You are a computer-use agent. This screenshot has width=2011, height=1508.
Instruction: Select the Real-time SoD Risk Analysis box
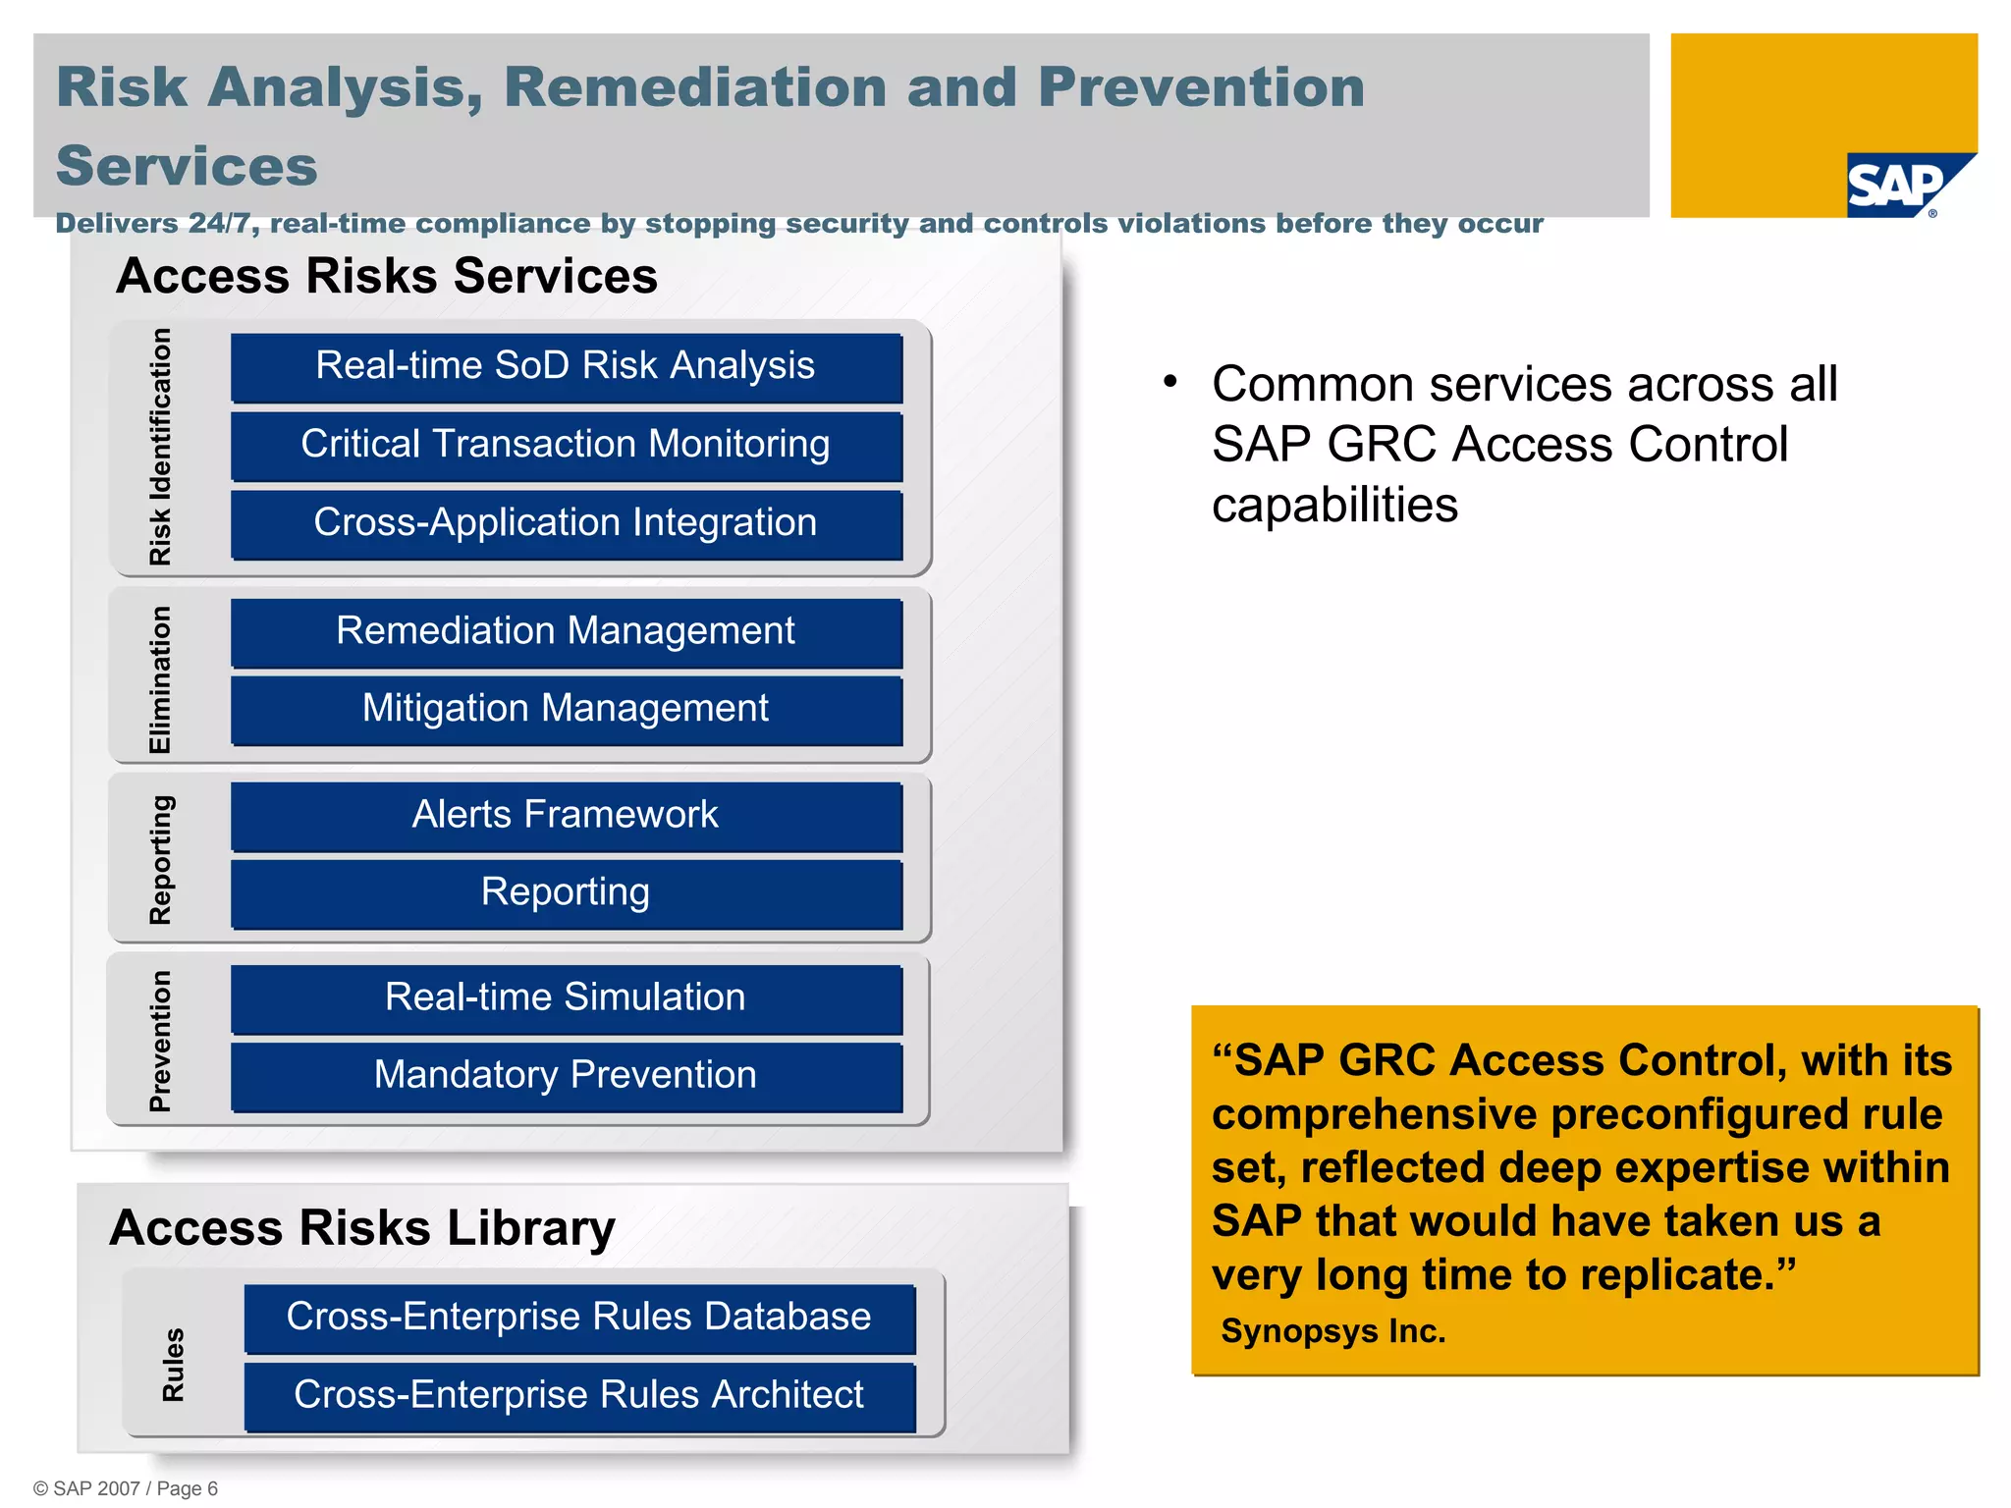[x=566, y=367]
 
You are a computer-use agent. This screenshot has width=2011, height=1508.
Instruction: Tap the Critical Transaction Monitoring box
[x=566, y=445]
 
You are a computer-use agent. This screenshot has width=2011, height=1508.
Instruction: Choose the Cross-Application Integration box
[x=566, y=523]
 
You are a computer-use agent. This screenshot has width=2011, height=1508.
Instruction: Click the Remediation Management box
[x=566, y=631]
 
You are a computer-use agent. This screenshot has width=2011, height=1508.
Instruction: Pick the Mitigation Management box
[x=566, y=709]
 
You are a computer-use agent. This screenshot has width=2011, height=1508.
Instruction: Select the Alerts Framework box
[x=566, y=815]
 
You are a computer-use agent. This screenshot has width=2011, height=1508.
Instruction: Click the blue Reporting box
[x=566, y=893]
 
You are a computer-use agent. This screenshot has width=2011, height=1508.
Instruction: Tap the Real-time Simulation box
[x=566, y=997]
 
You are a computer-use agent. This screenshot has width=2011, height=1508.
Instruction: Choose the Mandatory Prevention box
[x=566, y=1076]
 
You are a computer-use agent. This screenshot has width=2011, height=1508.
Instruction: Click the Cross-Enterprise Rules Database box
[x=578, y=1318]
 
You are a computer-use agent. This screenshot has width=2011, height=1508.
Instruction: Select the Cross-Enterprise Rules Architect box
[x=578, y=1395]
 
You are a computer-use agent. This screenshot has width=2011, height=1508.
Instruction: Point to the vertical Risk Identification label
[x=160, y=447]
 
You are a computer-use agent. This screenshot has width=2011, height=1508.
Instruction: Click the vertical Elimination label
[x=160, y=679]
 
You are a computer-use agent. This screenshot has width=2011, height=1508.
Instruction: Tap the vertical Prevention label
[x=160, y=1041]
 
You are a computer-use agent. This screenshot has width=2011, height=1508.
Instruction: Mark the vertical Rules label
[x=173, y=1365]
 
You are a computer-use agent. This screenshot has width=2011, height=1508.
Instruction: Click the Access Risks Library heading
[x=362, y=1227]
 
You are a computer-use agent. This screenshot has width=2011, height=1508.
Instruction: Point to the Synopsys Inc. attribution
[x=1332, y=1331]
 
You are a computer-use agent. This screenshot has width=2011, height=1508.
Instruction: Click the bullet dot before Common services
[x=1169, y=382]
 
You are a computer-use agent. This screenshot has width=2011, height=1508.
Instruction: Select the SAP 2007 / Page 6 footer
[x=126, y=1488]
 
